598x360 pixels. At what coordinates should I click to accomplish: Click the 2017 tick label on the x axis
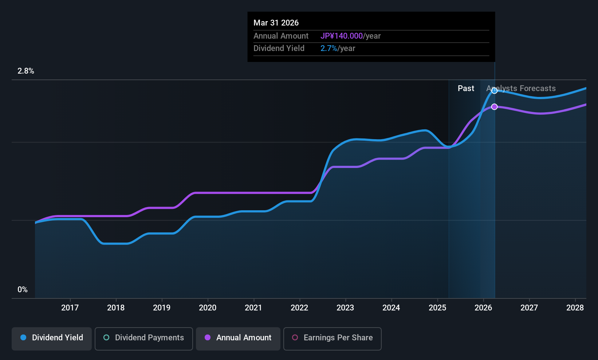point(70,308)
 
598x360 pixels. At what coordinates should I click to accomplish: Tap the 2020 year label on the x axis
point(208,308)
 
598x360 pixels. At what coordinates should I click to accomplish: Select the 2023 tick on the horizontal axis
point(345,308)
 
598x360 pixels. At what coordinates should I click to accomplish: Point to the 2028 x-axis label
point(575,308)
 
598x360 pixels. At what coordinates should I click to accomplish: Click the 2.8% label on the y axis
point(26,71)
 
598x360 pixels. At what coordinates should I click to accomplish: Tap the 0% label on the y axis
point(23,290)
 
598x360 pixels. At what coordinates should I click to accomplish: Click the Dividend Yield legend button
point(52,338)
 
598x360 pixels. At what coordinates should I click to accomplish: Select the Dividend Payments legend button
point(144,338)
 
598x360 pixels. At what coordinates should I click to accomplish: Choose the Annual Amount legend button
point(238,338)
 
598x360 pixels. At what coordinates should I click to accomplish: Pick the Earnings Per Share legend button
point(332,338)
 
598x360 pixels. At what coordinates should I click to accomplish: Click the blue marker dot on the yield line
point(494,91)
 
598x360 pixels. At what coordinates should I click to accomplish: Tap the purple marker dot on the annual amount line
point(494,107)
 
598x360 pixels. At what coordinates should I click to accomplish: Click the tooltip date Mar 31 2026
point(276,23)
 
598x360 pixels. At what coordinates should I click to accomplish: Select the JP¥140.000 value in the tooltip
point(342,36)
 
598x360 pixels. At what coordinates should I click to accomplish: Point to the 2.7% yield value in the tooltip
point(329,48)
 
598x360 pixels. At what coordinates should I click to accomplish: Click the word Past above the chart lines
point(466,89)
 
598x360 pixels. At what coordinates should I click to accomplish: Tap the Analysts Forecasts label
point(521,89)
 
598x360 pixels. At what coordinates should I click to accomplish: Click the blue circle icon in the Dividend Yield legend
point(23,338)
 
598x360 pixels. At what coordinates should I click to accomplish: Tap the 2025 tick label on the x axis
point(437,308)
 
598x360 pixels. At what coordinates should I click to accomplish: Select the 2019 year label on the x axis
point(162,308)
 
